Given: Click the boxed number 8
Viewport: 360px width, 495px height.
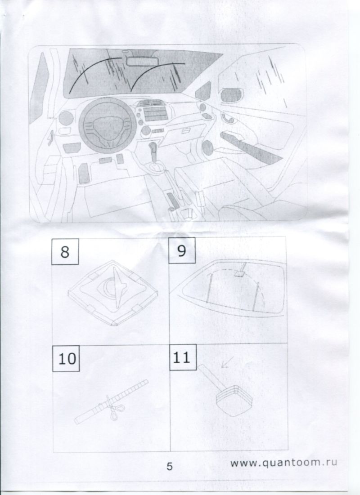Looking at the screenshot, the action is pos(65,252).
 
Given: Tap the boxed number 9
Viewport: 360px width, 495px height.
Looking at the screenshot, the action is pos(182,250).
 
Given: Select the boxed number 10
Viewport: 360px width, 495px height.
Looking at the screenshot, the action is pos(66,358).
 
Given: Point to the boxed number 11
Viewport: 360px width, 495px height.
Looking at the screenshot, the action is pos(183,357).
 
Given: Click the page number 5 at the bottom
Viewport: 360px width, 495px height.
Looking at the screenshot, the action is pos(170,467).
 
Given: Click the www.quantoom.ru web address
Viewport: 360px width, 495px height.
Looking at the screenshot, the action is pos(283,463).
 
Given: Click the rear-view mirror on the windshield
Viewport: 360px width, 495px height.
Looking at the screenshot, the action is pos(142,61).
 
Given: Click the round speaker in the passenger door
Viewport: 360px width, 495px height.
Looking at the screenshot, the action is pos(207,147).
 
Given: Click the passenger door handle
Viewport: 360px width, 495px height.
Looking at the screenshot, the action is pos(228,118).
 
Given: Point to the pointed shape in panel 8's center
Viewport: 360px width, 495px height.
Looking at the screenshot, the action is pos(121,286).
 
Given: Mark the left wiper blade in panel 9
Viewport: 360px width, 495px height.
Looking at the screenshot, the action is pos(209,288).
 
